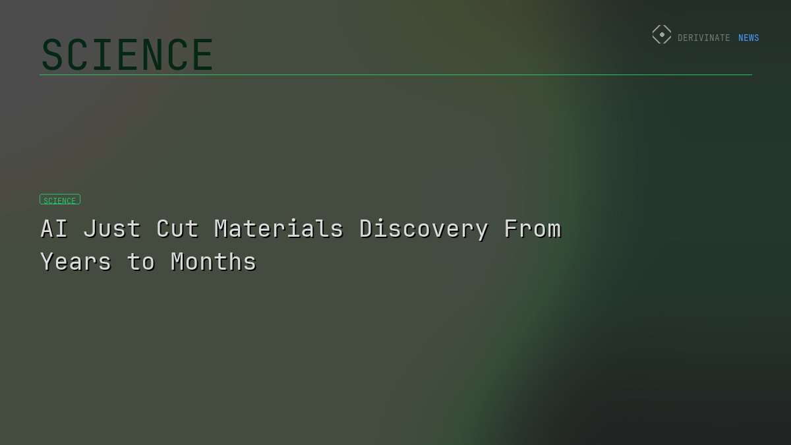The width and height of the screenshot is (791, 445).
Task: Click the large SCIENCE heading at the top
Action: click(127, 55)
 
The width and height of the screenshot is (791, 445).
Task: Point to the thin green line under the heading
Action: click(395, 74)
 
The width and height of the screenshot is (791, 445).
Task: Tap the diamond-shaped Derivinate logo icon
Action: click(662, 35)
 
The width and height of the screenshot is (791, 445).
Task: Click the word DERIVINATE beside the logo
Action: click(703, 38)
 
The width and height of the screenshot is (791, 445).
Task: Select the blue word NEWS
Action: click(748, 38)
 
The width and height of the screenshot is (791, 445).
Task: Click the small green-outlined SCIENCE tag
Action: click(60, 200)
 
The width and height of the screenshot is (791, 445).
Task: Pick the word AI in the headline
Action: click(54, 229)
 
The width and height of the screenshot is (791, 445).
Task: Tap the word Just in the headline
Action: click(112, 229)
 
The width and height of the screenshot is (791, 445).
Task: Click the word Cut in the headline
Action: click(177, 229)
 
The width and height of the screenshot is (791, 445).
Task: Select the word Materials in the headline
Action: click(279, 229)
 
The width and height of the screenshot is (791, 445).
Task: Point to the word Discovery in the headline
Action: click(424, 229)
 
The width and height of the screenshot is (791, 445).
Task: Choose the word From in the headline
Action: click(532, 229)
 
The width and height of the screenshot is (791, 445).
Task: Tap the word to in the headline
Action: click(141, 262)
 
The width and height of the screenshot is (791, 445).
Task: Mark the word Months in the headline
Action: click(214, 262)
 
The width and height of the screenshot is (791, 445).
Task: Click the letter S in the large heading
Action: click(51, 55)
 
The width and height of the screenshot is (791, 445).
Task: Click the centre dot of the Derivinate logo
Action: click(662, 35)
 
